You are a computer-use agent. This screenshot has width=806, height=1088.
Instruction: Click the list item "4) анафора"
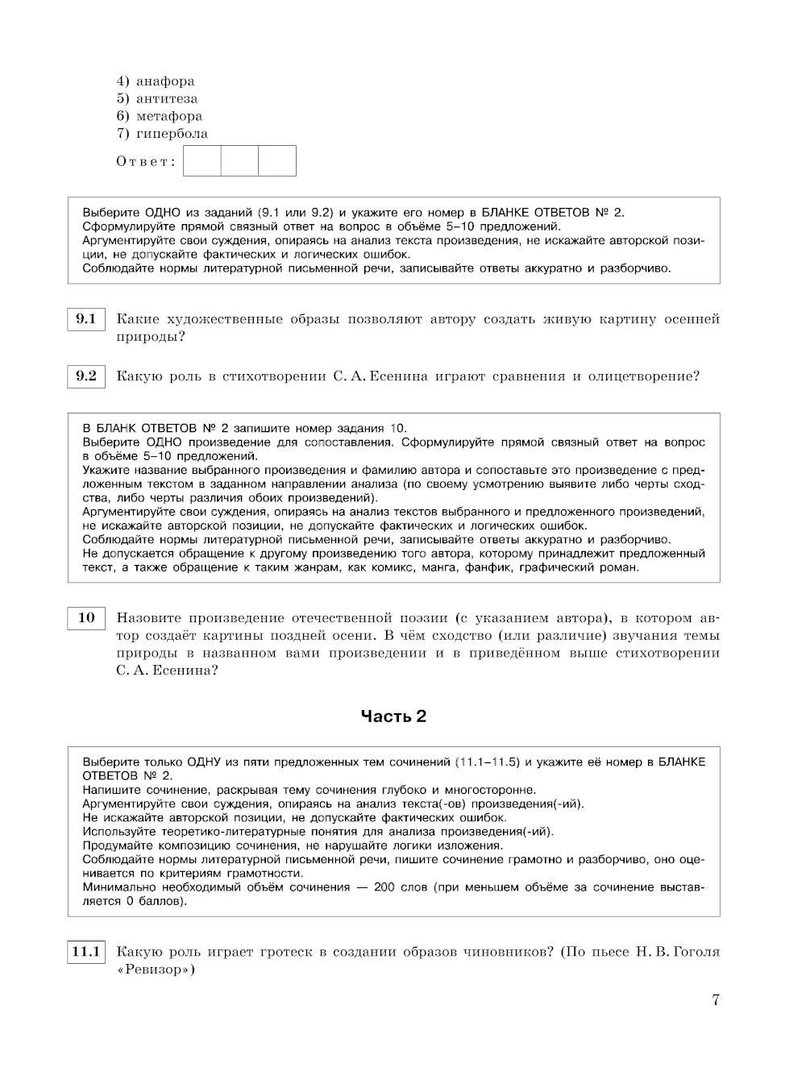point(156,81)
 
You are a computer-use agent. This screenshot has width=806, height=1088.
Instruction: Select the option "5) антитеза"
point(157,99)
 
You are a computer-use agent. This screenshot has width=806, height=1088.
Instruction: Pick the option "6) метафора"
point(160,116)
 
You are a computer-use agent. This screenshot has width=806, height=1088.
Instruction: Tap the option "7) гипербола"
point(162,134)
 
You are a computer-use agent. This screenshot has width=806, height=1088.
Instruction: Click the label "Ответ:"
point(146,161)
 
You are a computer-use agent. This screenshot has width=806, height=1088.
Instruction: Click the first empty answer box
point(202,161)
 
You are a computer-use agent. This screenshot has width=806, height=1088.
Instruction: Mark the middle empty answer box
point(239,161)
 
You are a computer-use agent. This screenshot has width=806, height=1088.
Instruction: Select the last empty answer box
point(277,161)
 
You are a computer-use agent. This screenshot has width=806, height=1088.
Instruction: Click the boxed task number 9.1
point(85,320)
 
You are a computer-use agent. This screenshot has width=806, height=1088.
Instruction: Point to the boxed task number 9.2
point(85,376)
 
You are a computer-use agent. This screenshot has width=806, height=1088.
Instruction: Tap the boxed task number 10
point(85,618)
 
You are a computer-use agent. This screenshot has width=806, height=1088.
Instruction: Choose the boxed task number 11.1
point(85,953)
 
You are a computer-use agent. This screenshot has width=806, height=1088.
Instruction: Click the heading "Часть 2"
point(393,716)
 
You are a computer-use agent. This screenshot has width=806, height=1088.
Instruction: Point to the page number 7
point(715,1000)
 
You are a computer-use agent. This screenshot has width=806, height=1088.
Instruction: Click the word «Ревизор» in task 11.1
point(156,970)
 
